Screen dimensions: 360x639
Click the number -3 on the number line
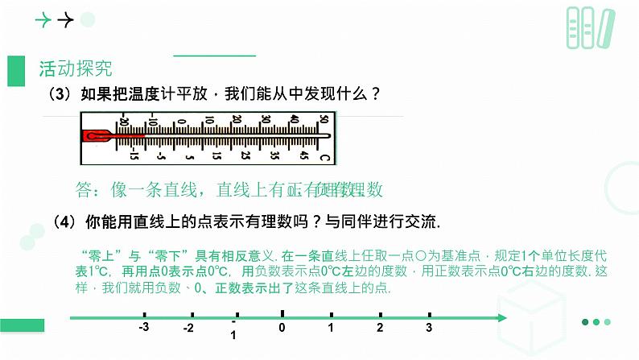coord(144,328)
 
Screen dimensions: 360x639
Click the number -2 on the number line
coord(188,328)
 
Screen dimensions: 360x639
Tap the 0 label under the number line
coord(282,328)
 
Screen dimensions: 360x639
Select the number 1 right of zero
coord(330,328)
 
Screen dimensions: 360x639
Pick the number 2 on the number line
coord(379,328)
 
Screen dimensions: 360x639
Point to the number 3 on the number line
coord(429,328)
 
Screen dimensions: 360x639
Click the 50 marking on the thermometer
coord(323,120)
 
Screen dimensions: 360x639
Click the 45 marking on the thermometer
coord(303,154)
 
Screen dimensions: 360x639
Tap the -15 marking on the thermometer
coord(134,154)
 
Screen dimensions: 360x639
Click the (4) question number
coord(64,220)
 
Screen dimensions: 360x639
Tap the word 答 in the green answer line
coord(85,190)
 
